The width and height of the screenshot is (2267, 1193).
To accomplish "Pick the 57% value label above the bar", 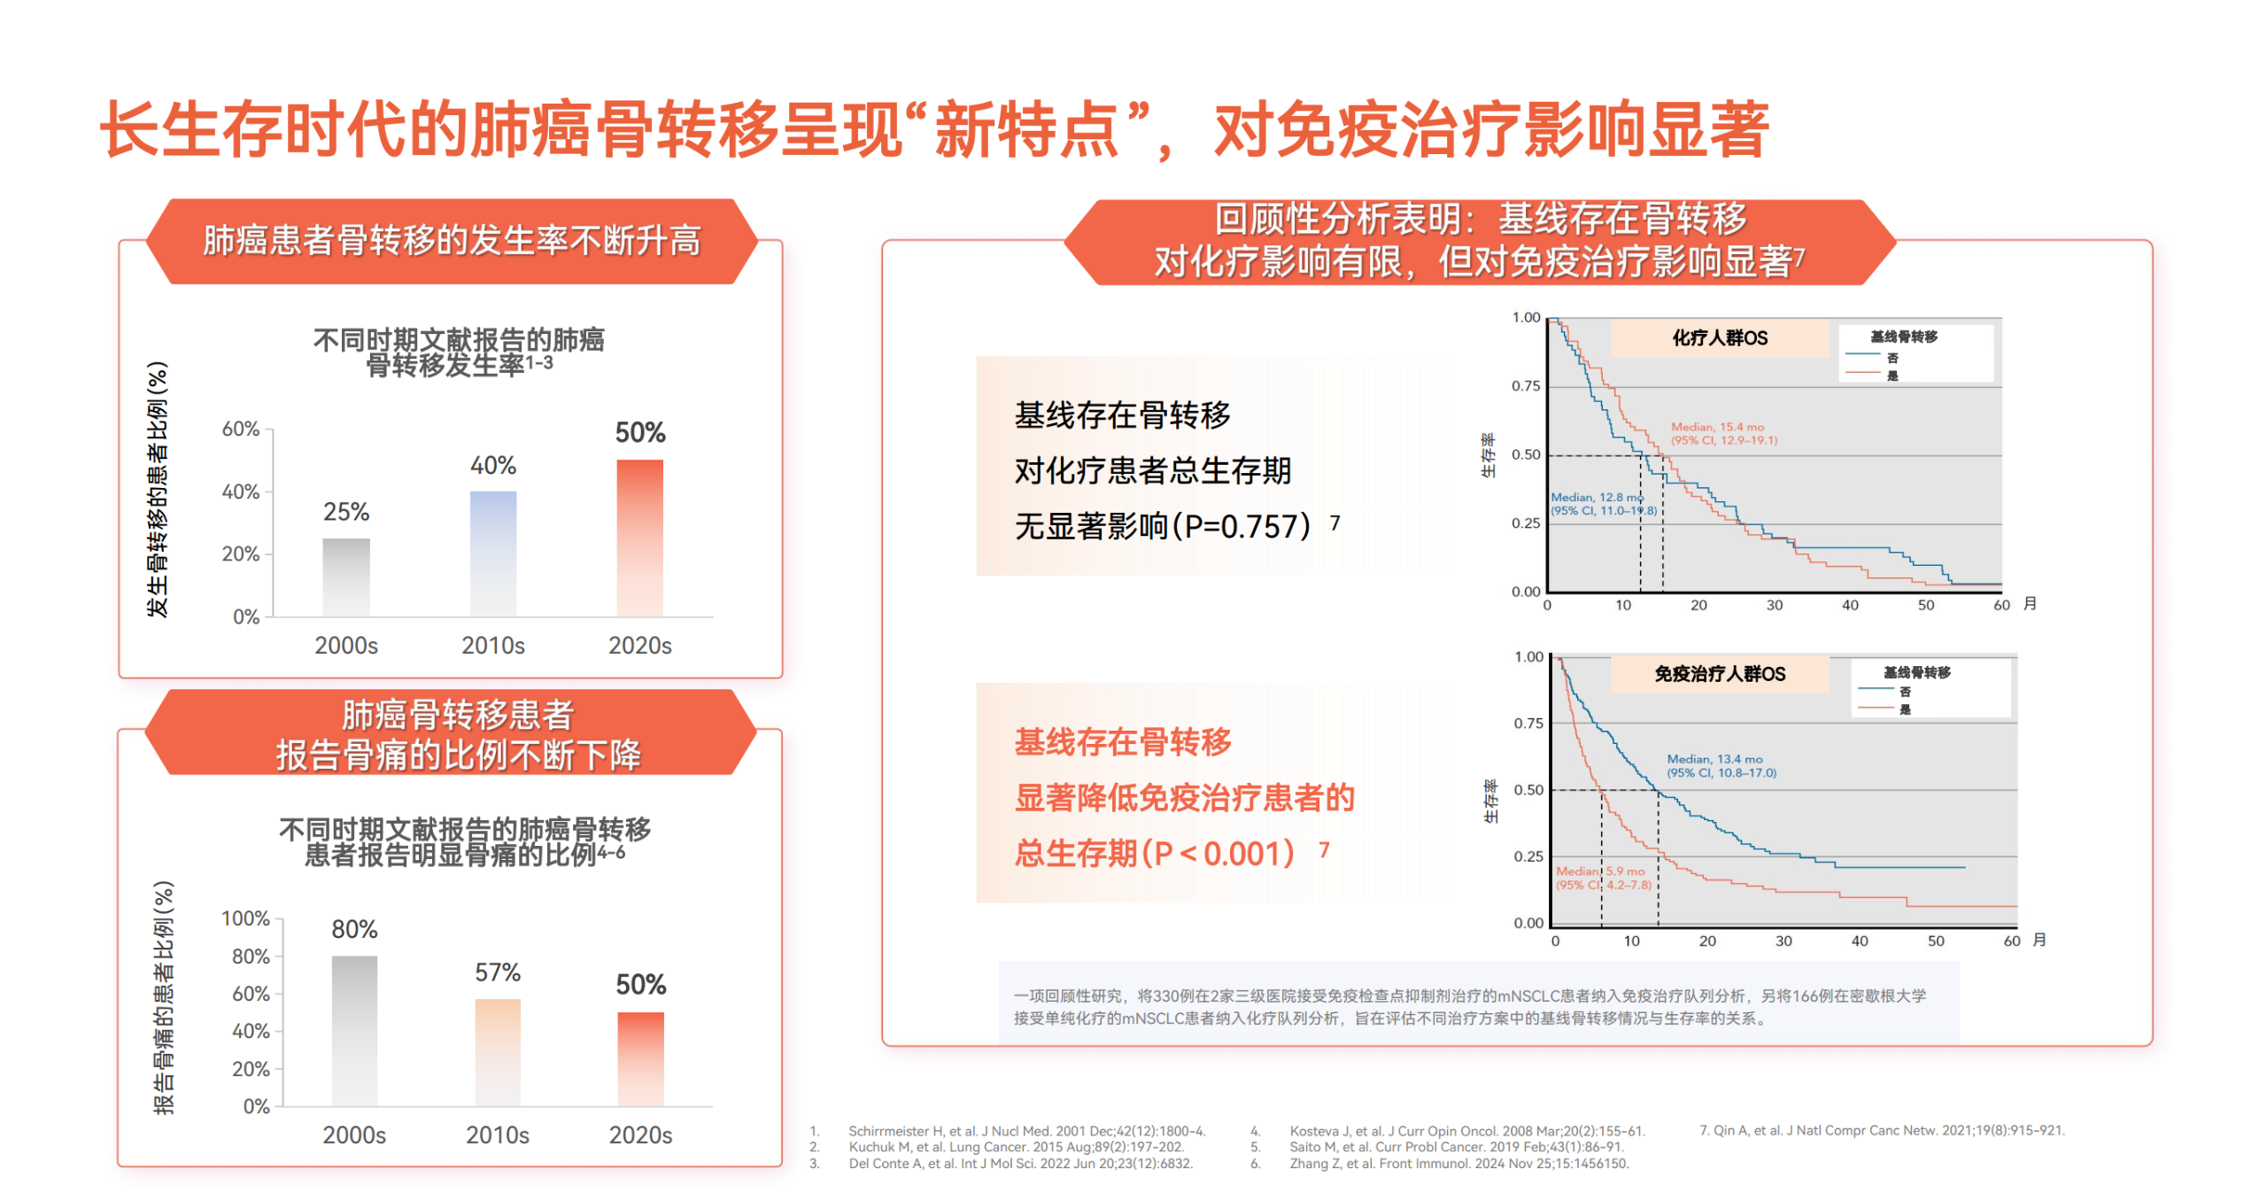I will tap(498, 972).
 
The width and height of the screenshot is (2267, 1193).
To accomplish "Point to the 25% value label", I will tap(346, 512).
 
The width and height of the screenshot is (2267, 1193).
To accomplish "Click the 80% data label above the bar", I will tap(354, 929).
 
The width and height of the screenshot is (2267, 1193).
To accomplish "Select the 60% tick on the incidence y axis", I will tap(241, 430).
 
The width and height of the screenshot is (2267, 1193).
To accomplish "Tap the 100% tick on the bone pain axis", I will tap(245, 918).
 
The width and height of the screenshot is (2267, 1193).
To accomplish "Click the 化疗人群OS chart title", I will tap(1719, 338).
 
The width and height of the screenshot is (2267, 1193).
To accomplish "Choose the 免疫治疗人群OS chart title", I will tap(1720, 674).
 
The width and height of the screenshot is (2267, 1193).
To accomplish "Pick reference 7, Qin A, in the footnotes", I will tap(1882, 1130).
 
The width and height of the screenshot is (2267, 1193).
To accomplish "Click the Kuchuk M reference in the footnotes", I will tap(1016, 1147).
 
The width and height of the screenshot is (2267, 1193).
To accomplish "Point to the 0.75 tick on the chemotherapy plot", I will tap(1525, 386).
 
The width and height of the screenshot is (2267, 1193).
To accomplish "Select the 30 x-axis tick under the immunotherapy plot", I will tap(1783, 941).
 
